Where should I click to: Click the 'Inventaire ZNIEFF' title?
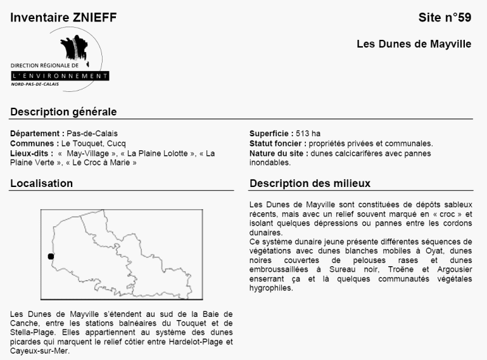63,18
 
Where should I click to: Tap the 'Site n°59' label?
445,18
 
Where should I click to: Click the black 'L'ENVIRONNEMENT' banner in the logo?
60,76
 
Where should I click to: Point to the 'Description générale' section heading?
63,112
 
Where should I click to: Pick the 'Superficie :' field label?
271,134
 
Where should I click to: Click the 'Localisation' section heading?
41,184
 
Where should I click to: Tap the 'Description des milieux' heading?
310,184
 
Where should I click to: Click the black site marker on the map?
51,256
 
